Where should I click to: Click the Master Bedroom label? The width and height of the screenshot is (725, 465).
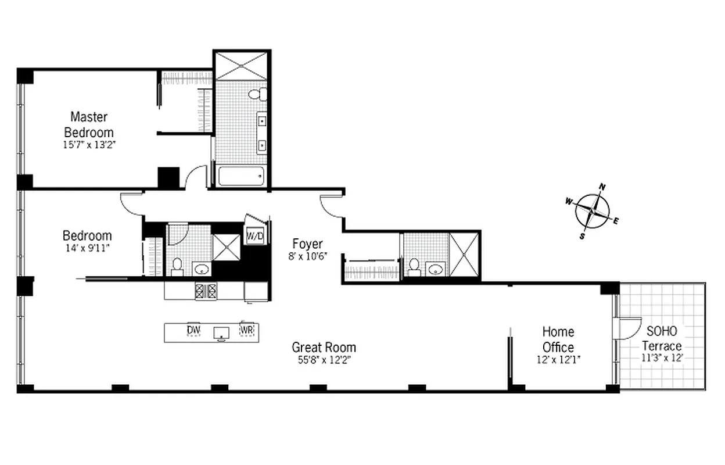point(89,124)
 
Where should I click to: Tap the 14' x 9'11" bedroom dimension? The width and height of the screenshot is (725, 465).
point(87,248)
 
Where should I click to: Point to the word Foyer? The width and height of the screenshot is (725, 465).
point(307,244)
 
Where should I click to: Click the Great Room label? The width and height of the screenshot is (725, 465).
point(324,348)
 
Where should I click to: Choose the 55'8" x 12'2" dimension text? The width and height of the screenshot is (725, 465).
point(324,360)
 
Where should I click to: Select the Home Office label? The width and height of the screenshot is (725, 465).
point(558,339)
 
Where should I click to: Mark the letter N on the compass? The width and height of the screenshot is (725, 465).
point(602,187)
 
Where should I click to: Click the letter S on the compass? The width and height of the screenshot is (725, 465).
point(582,236)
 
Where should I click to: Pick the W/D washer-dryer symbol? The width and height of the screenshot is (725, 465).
point(255,235)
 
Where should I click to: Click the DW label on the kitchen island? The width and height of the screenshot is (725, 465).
point(193,331)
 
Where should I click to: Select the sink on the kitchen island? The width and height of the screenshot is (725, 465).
point(221,333)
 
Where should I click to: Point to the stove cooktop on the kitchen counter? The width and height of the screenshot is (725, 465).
point(205,291)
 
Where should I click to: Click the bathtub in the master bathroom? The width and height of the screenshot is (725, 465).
point(241,176)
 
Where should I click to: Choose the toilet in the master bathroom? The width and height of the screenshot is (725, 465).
point(256,94)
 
